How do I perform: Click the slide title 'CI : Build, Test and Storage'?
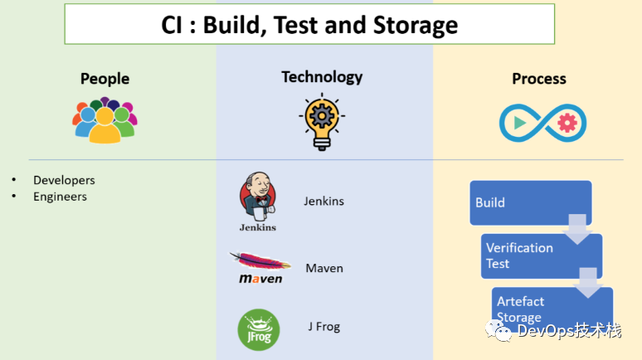tap(309, 25)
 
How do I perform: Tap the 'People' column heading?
tap(105, 79)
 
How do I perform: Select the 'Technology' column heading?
tap(322, 77)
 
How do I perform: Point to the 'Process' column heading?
tap(539, 79)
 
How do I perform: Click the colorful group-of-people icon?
tap(105, 120)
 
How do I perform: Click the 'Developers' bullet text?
tap(64, 180)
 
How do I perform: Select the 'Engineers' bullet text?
tap(60, 197)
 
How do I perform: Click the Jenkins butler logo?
tap(257, 202)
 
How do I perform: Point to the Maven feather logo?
tap(260, 268)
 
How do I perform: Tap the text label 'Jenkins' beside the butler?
tap(323, 202)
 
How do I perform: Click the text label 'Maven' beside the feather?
tap(323, 269)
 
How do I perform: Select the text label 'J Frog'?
tap(323, 327)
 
